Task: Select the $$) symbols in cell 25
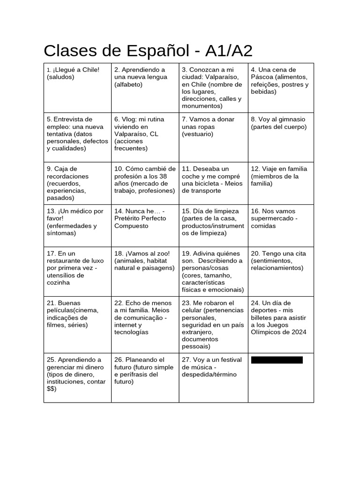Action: point(52,389)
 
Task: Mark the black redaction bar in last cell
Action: point(277,360)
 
